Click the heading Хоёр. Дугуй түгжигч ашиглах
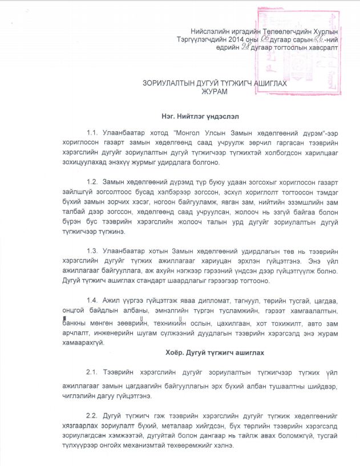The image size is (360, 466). tap(214, 352)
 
